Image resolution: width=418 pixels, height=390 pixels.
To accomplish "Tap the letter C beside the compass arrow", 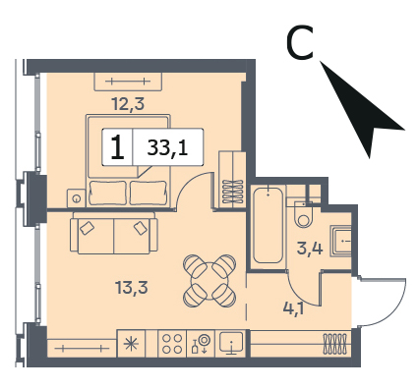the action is tap(300, 43).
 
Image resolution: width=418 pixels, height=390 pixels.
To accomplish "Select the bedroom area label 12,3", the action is tap(128, 104).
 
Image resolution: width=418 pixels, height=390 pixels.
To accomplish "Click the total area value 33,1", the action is tap(167, 148).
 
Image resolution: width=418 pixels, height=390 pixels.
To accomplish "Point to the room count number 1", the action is tap(117, 147).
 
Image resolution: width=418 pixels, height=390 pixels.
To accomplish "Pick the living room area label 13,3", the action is tap(132, 288).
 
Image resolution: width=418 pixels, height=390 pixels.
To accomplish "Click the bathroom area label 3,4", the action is tap(310, 248).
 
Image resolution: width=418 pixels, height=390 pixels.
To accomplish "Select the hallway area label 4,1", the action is tap(294, 307).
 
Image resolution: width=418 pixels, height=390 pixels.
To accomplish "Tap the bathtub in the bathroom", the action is tap(268, 225).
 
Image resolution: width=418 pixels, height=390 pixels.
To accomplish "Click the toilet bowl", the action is tap(304, 215).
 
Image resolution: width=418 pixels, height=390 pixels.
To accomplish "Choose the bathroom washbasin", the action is tap(341, 241).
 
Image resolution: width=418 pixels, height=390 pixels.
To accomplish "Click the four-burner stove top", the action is tap(172, 343).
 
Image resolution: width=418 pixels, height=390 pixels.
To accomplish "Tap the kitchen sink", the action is tap(231, 343).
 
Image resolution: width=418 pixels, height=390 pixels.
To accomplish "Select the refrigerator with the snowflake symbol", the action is tap(131, 343).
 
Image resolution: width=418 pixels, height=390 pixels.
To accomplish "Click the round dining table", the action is tap(209, 280).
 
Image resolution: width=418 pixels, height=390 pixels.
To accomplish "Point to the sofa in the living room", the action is tap(114, 233).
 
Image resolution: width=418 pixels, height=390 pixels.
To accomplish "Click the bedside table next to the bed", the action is tap(77, 198).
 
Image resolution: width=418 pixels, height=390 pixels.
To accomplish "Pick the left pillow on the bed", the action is tap(108, 193).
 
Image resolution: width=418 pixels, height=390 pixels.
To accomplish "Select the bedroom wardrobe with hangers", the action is tap(232, 180).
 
